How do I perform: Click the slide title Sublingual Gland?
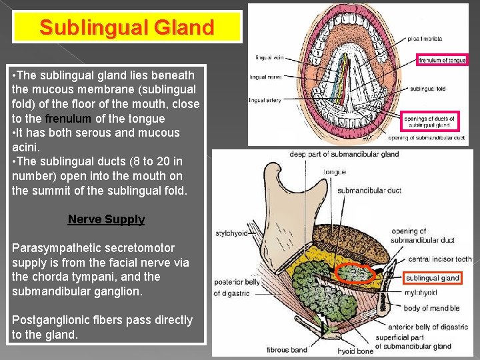click(127, 28)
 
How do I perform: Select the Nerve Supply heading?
click(106, 219)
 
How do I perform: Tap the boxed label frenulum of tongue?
click(442, 60)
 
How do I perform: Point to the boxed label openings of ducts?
click(430, 122)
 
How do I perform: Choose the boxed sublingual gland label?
click(433, 278)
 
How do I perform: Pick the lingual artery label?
click(265, 100)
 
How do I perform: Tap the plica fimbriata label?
click(426, 39)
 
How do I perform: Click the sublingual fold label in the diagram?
click(427, 87)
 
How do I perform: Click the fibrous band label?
click(287, 350)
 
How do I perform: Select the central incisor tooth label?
click(439, 259)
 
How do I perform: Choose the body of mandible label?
click(431, 308)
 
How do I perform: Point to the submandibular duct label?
click(369, 190)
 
